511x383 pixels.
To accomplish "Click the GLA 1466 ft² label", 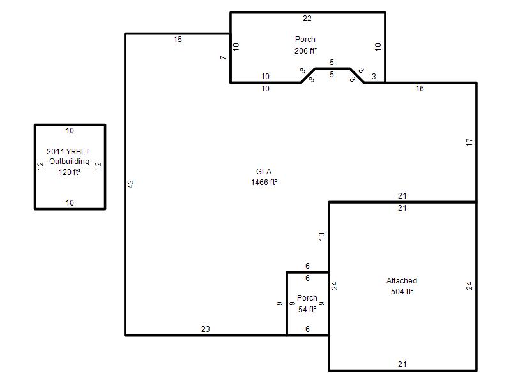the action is pyautogui.click(x=264, y=177).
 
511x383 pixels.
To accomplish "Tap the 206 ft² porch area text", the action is pyautogui.click(x=306, y=51).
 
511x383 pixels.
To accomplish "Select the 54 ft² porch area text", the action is pyautogui.click(x=307, y=309).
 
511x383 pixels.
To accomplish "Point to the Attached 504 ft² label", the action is pyautogui.click(x=402, y=286).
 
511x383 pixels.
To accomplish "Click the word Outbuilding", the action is pyautogui.click(x=69, y=161).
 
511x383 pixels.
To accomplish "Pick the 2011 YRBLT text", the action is pyautogui.click(x=68, y=151).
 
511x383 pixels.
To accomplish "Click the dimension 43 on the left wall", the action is pyautogui.click(x=130, y=184).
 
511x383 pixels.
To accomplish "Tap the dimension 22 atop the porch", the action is pyautogui.click(x=307, y=19).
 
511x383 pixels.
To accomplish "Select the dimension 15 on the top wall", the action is pyautogui.click(x=178, y=40).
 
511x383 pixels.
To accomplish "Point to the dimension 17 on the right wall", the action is pyautogui.click(x=469, y=142).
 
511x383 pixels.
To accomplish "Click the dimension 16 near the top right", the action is pyautogui.click(x=420, y=89).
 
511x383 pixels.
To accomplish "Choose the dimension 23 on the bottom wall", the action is pyautogui.click(x=205, y=329).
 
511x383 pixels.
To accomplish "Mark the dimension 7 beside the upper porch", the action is pyautogui.click(x=223, y=57).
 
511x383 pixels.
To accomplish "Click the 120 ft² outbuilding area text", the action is pyautogui.click(x=70, y=172).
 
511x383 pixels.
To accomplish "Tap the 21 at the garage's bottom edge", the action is pyautogui.click(x=402, y=364).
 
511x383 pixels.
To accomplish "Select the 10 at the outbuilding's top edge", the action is pyautogui.click(x=70, y=131).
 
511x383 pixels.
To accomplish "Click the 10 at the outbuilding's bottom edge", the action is pyautogui.click(x=70, y=203).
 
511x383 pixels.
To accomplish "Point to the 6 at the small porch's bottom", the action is pyautogui.click(x=307, y=329).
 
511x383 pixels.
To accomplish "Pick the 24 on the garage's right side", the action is pyautogui.click(x=469, y=286).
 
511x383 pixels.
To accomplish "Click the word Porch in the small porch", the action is pyautogui.click(x=307, y=298).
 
